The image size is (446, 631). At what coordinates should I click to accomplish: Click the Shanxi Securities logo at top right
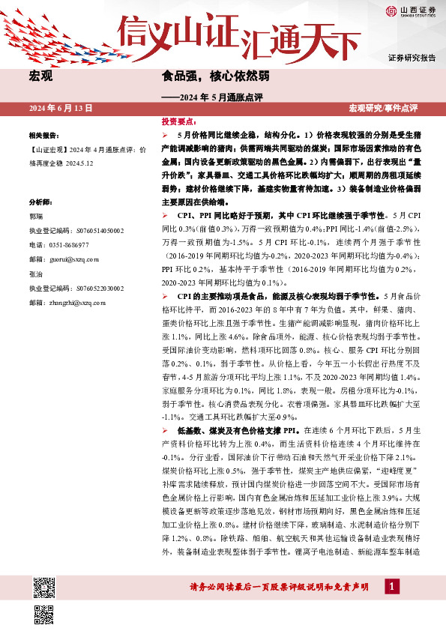pyautogui.click(x=412, y=10)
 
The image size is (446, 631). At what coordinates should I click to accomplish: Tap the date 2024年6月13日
pyautogui.click(x=61, y=108)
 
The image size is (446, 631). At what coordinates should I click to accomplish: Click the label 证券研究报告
pyautogui.click(x=412, y=58)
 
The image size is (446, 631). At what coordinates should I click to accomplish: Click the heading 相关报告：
pyautogui.click(x=43, y=136)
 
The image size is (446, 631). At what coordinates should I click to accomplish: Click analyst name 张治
pyautogui.click(x=35, y=274)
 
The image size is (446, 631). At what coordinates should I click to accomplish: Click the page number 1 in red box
pyautogui.click(x=391, y=586)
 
